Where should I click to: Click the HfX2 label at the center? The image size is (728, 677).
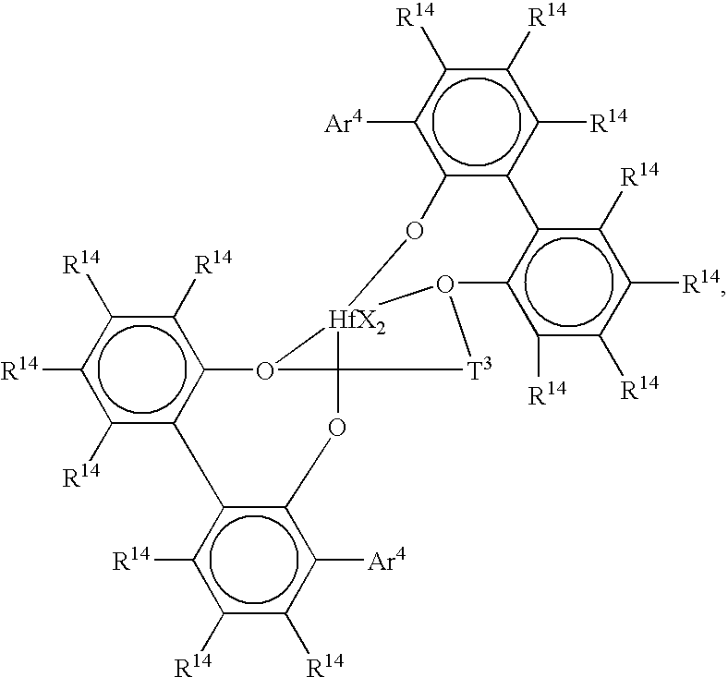(357, 321)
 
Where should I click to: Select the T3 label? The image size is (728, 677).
(479, 370)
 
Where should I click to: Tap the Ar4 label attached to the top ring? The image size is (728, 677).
(344, 122)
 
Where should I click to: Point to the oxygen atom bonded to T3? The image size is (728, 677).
(444, 284)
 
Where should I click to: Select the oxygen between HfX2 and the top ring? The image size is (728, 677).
(414, 231)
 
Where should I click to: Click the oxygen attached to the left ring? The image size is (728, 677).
(264, 370)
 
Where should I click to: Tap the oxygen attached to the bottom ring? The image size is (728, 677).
(336, 428)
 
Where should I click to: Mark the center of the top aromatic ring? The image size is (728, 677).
(477, 123)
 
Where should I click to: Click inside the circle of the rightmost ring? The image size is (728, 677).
(569, 282)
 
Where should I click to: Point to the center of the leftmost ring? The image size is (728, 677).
(142, 369)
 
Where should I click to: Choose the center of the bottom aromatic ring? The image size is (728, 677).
(254, 560)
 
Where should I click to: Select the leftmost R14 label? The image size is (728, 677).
(19, 369)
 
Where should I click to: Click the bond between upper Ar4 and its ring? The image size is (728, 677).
(390, 122)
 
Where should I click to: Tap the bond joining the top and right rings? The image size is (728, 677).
(523, 202)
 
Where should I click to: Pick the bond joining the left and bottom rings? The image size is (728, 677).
(199, 465)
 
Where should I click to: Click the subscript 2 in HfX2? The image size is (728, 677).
(380, 330)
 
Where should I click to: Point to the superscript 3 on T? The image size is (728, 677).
(487, 365)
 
